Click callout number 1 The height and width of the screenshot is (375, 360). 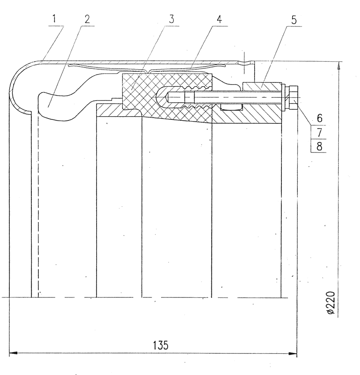click(x=54, y=19)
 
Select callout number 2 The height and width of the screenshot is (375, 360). click(x=87, y=19)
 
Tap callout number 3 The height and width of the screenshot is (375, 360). click(x=171, y=19)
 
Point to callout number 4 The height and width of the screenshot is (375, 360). click(x=219, y=19)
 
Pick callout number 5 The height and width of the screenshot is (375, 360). click(x=294, y=20)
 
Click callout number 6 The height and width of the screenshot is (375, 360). click(x=319, y=118)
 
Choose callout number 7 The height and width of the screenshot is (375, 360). click(x=319, y=132)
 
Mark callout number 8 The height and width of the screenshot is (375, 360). click(x=319, y=146)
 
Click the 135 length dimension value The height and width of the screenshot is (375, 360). click(x=161, y=345)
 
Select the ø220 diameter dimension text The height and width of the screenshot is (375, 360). click(x=331, y=303)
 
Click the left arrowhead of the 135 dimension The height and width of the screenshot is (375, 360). click(x=13, y=353)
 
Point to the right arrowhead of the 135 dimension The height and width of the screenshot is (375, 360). click(x=292, y=353)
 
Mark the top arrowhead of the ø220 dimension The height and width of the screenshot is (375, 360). click(x=338, y=65)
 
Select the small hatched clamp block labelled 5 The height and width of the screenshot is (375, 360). click(x=262, y=86)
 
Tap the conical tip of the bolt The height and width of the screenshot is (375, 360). click(x=167, y=97)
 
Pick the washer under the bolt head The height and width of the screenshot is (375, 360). click(x=283, y=97)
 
